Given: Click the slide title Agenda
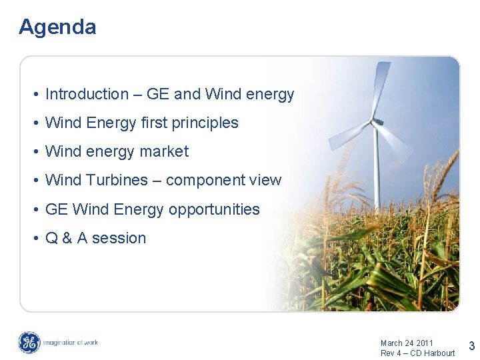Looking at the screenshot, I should pos(57,27).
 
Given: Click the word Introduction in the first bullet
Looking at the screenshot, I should pos(87,95).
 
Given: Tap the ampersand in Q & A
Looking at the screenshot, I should pos(68,238).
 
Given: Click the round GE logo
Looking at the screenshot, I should pos(29,343).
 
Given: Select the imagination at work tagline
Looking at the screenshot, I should pos(71,343).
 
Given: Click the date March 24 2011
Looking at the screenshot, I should pos(407,343).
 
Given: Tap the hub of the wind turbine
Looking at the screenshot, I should pos(377,122).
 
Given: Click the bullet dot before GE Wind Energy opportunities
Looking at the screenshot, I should pos(37,210).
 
